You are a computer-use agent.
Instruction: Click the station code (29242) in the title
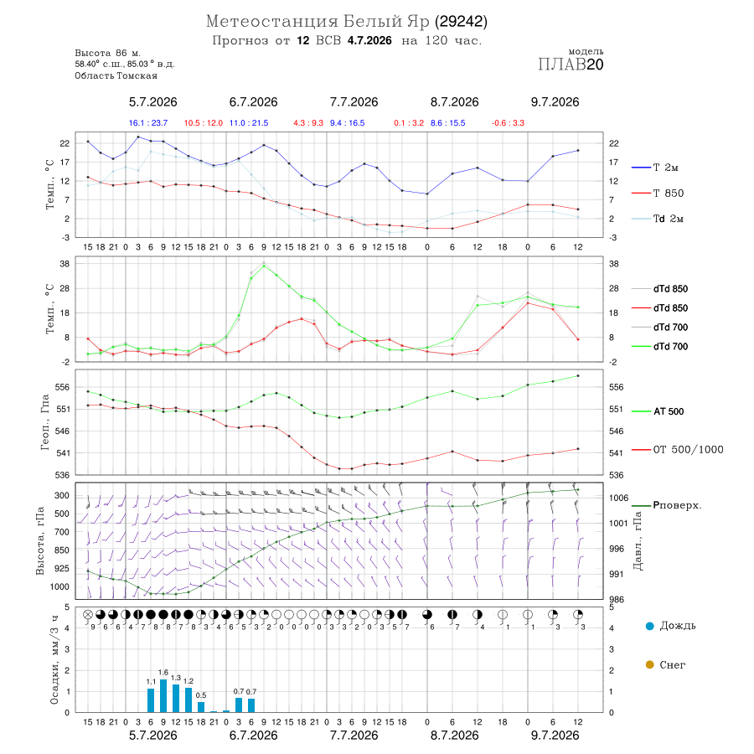461,22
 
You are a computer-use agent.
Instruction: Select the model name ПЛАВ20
571,65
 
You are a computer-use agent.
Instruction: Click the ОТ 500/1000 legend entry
677,450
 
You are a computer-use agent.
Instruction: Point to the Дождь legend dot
649,626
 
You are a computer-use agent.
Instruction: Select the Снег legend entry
665,665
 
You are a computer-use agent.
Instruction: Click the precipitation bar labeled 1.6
163,695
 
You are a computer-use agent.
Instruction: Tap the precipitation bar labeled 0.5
201,707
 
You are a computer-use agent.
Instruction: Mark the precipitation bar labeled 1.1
151,700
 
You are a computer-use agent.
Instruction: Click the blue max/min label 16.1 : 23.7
148,123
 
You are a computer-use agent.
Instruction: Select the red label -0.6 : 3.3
508,123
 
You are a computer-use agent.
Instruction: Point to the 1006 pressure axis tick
618,498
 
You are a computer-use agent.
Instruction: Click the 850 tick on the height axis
61,550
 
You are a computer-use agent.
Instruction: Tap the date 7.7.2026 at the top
354,102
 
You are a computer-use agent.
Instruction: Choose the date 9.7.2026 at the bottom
555,736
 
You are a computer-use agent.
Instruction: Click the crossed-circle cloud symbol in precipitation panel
87,615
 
